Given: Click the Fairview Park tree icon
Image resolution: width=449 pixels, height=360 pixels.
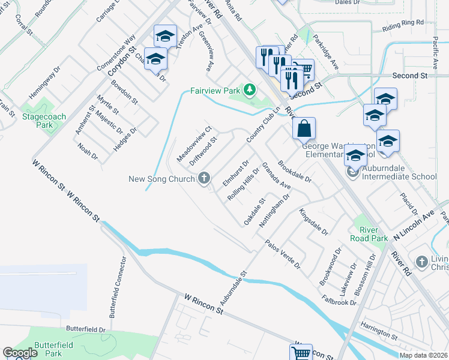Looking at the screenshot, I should tap(249, 90).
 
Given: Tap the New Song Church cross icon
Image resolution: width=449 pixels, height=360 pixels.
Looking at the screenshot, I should tap(204, 178).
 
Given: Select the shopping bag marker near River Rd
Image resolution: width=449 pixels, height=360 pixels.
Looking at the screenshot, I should tap(304, 128).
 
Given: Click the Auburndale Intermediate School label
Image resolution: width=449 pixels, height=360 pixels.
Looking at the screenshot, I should tap(399, 176).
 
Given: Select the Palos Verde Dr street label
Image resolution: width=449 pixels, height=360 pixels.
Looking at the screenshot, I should tap(283, 254).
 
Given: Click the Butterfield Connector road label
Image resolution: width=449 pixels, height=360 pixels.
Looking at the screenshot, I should tap(118, 287).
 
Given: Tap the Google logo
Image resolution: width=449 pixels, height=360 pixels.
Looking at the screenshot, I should tap(20, 353).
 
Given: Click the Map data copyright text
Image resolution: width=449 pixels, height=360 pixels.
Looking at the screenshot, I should tap(423, 355).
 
